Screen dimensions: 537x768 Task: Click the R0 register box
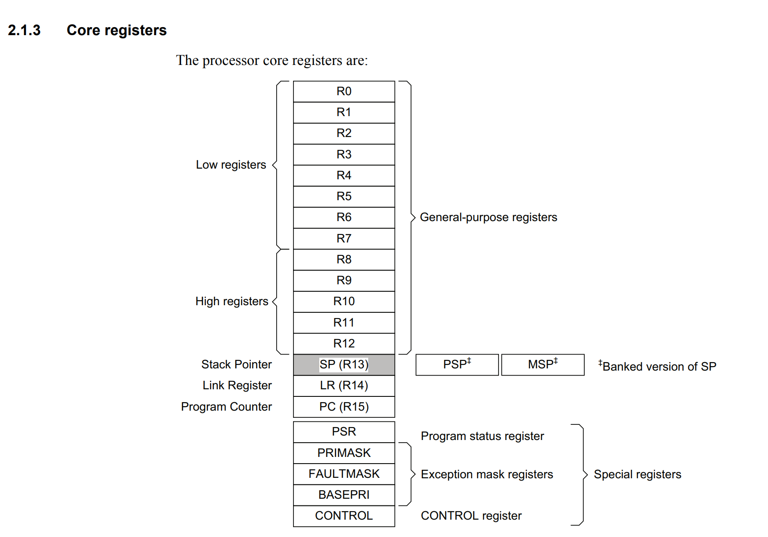(344, 91)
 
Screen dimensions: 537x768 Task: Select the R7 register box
(344, 238)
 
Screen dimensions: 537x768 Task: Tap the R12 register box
(344, 343)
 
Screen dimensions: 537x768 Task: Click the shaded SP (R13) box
(344, 364)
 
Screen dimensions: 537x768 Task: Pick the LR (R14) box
(344, 385)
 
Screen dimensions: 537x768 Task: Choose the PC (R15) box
(344, 407)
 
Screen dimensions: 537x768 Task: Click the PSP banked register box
(457, 364)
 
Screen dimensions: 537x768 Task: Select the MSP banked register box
(543, 364)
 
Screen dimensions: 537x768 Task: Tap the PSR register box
(344, 432)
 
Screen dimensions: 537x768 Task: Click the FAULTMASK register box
(344, 474)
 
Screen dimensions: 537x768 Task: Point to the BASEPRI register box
(344, 495)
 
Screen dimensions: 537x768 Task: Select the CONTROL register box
(344, 516)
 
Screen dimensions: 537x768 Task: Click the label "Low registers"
(231, 165)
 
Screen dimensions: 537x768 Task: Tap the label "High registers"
(232, 301)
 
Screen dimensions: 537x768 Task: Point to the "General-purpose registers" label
(488, 217)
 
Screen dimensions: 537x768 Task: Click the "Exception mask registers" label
(487, 474)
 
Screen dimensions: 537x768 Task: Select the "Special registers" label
(637, 474)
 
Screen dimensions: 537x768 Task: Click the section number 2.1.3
(24, 30)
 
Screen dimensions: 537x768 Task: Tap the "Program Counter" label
(226, 407)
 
